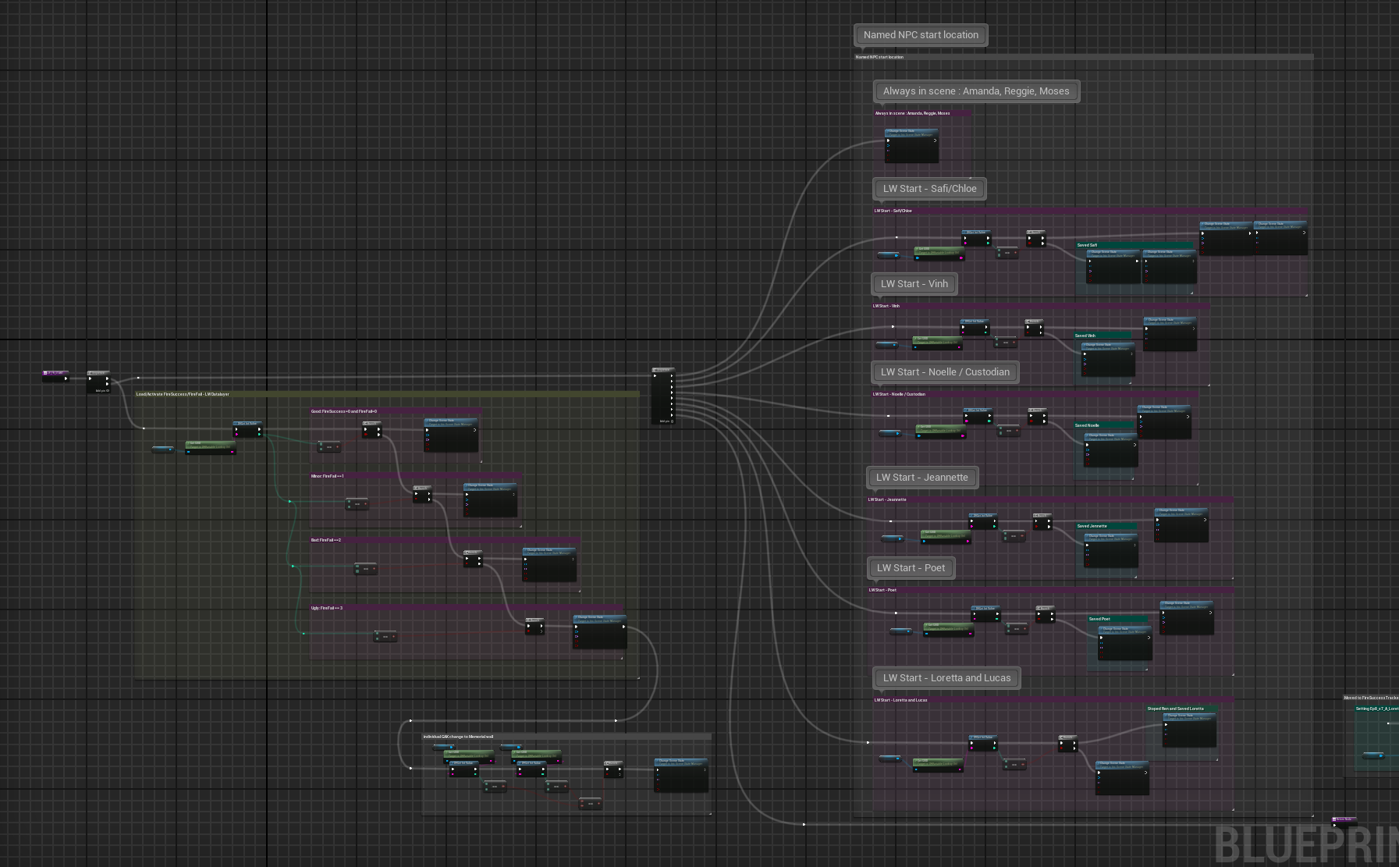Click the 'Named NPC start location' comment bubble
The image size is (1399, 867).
[921, 35]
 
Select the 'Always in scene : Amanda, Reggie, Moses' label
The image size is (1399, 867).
[976, 91]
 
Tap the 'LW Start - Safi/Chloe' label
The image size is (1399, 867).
[929, 189]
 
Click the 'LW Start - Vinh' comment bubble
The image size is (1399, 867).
[914, 284]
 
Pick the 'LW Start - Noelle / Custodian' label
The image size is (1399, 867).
[945, 372]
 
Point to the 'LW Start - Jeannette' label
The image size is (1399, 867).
[921, 478]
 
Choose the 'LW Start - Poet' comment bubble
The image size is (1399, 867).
[911, 568]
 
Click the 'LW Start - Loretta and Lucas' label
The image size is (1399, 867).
[946, 678]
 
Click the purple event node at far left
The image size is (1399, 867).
[55, 375]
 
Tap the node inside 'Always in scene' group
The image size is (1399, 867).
[911, 145]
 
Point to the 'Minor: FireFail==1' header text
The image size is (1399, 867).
[328, 476]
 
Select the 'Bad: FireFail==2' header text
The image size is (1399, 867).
[326, 540]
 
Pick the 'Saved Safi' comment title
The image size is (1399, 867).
[1087, 245]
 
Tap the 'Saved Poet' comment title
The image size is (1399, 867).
[1099, 619]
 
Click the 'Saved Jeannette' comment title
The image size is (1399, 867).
[1092, 526]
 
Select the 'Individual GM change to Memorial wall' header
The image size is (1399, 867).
[458, 737]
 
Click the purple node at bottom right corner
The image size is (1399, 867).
[1344, 820]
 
